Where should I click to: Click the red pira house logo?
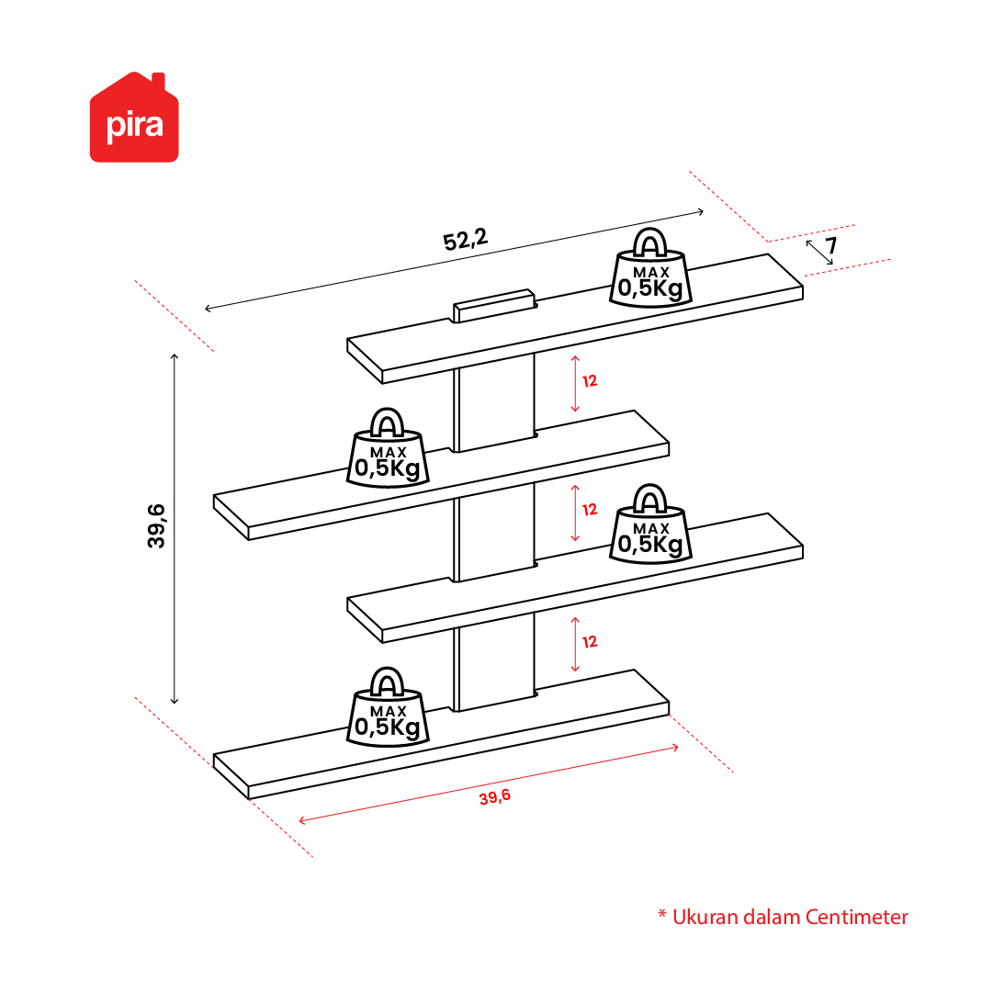(x=134, y=118)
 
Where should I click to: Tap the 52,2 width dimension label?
(x=466, y=240)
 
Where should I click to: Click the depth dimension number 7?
(x=831, y=245)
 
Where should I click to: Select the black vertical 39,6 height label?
(x=156, y=526)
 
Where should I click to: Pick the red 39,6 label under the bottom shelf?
(x=494, y=797)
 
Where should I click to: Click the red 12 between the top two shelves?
(x=590, y=381)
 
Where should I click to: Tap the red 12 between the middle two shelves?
(x=590, y=510)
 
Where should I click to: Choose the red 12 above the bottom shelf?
(x=590, y=642)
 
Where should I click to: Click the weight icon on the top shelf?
(x=650, y=268)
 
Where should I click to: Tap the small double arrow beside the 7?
(x=819, y=253)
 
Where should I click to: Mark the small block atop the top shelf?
(x=494, y=306)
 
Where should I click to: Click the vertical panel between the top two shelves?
(x=494, y=402)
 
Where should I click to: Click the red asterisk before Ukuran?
(x=662, y=914)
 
